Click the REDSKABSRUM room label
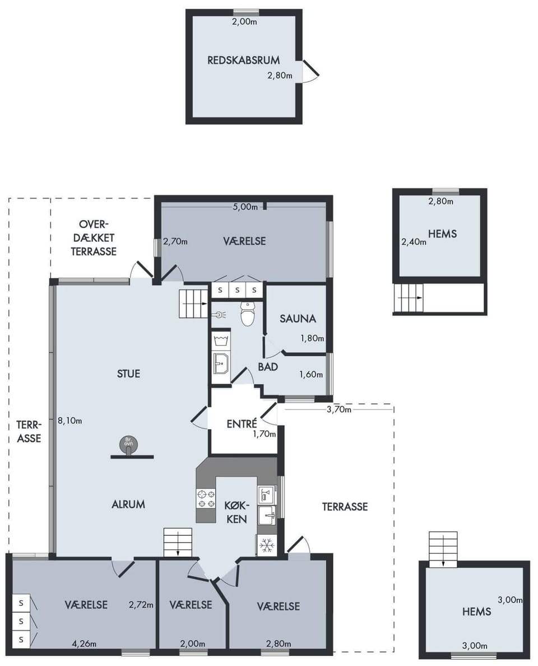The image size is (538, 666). [244, 60]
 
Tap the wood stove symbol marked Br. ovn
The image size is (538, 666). [128, 445]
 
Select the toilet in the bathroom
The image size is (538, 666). [247, 314]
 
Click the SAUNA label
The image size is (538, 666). [298, 319]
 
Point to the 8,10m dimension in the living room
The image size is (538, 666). [70, 421]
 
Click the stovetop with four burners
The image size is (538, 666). [206, 499]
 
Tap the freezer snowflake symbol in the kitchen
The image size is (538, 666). [266, 545]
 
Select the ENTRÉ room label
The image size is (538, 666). [242, 424]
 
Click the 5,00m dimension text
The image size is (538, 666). [245, 207]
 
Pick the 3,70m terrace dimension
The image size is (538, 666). [339, 410]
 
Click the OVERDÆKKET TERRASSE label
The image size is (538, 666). [94, 238]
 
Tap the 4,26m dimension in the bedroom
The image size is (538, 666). [84, 644]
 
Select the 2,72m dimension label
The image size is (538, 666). [141, 605]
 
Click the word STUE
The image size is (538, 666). [128, 374]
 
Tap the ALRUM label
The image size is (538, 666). [128, 504]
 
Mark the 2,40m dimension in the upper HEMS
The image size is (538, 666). [414, 242]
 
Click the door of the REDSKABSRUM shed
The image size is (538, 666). [310, 71]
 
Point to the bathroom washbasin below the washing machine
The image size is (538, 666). [221, 363]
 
